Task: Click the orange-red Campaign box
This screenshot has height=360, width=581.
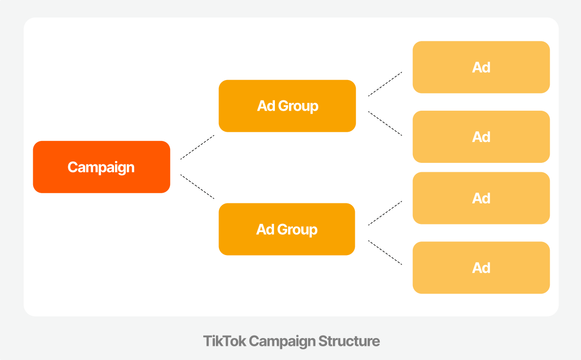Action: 101,167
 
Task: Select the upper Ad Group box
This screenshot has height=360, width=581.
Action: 287,106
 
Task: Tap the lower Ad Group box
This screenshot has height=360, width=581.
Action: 287,229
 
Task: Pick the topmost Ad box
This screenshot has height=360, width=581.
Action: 481,67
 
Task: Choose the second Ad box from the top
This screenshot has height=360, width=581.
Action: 481,137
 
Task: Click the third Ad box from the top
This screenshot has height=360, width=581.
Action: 481,198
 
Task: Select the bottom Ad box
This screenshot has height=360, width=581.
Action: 481,268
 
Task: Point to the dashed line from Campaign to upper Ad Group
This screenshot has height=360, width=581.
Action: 197,147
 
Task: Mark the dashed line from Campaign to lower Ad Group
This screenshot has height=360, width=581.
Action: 197,186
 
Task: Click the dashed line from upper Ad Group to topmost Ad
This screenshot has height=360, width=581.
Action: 385,84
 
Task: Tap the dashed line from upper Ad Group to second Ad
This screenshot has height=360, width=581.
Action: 385,123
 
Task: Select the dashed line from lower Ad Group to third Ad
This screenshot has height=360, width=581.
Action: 385,213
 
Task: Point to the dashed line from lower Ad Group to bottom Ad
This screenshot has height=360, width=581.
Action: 385,253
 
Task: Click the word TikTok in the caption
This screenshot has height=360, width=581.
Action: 225,341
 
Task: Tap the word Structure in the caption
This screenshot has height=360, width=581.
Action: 349,341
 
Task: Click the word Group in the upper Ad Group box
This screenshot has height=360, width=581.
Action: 298,106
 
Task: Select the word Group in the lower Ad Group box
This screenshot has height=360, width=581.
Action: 297,230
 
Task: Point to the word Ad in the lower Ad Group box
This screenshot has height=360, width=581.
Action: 265,229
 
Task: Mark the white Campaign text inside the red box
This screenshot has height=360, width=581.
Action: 101,168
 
